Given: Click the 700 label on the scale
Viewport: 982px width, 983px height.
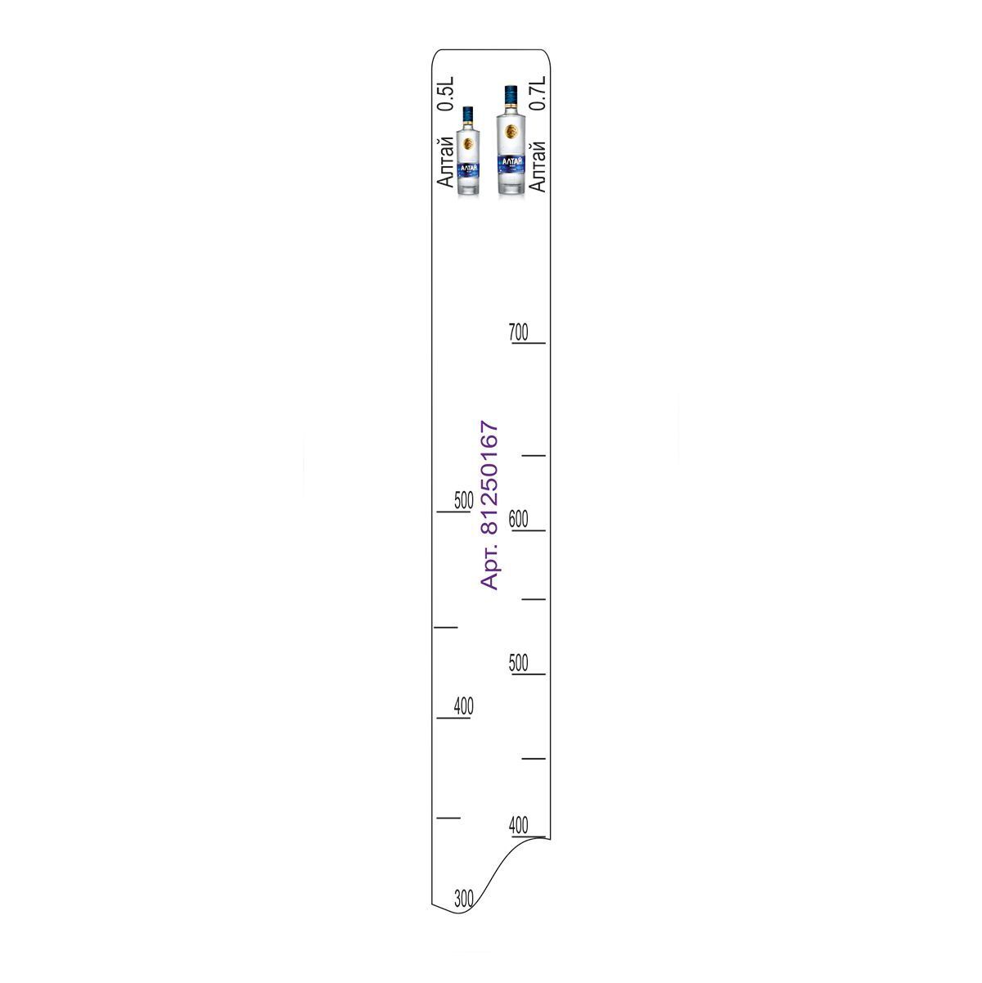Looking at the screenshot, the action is pyautogui.click(x=518, y=332).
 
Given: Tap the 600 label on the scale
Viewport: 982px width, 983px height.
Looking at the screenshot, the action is pyautogui.click(x=518, y=519).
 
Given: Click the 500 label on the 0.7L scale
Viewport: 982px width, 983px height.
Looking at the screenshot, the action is pyautogui.click(x=518, y=663).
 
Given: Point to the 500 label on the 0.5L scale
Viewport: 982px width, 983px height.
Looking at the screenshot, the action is pyautogui.click(x=464, y=500).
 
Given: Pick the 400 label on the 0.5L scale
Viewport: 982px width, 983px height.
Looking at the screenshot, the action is pyautogui.click(x=464, y=706).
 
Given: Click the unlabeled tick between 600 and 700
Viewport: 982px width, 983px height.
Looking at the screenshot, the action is pyautogui.click(x=534, y=455).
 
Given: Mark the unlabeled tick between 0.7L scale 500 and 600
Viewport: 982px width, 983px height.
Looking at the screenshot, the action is pyautogui.click(x=534, y=599).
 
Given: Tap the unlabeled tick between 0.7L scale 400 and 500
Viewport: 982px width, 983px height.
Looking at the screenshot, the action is pyautogui.click(x=534, y=759).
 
